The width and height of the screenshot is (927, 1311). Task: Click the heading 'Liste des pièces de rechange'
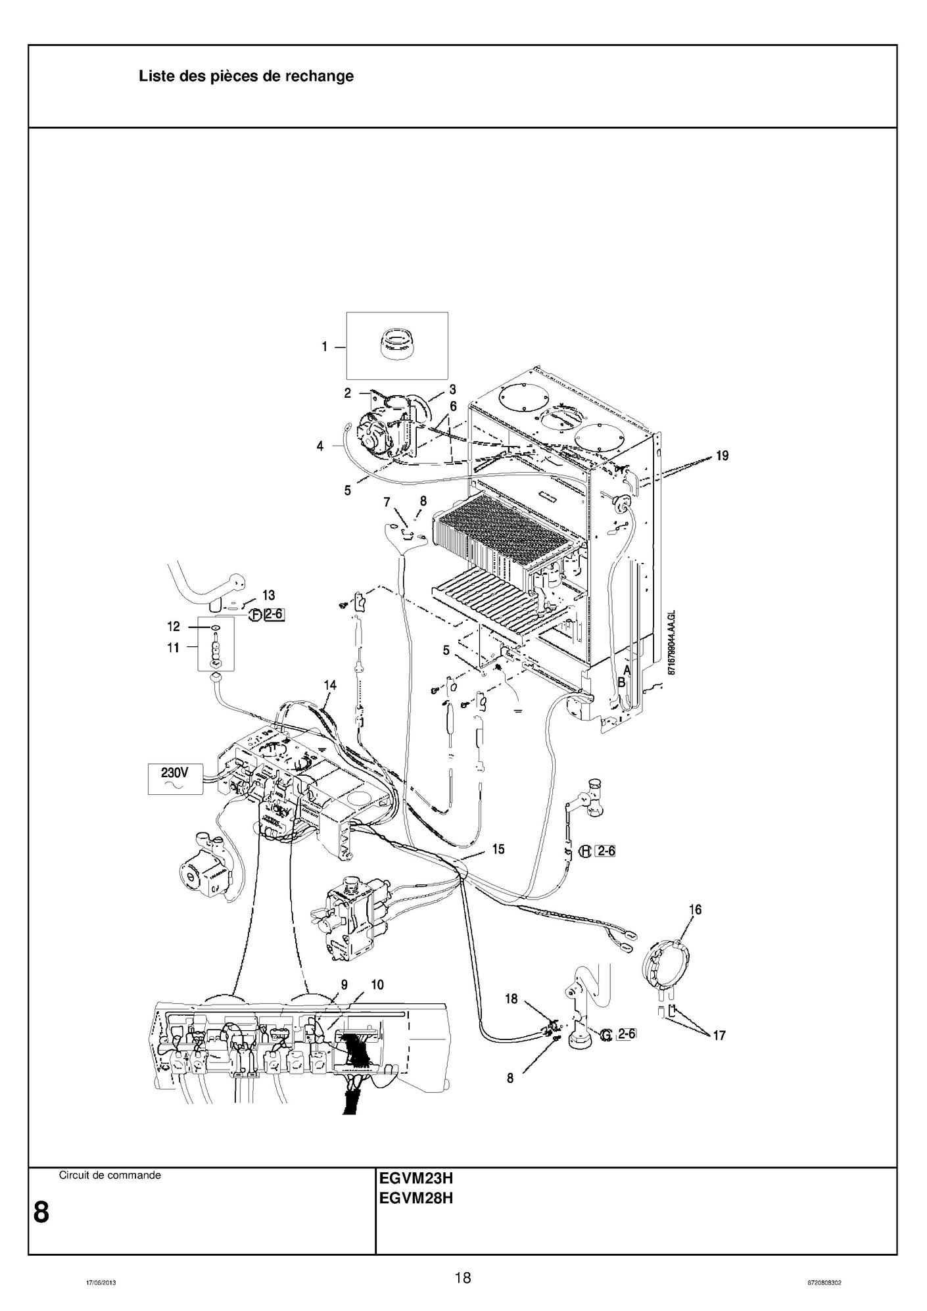pyautogui.click(x=246, y=76)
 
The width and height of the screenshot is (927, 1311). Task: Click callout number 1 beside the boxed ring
pyautogui.click(x=325, y=346)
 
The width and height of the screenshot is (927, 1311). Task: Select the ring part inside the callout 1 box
pyautogui.click(x=398, y=345)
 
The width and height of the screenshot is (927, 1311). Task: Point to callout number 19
pyautogui.click(x=722, y=456)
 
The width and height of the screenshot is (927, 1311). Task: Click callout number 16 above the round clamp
pyautogui.click(x=695, y=909)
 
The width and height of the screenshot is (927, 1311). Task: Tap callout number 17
pyautogui.click(x=719, y=1035)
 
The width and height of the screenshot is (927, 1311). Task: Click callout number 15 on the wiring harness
pyautogui.click(x=498, y=849)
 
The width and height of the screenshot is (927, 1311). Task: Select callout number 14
pyautogui.click(x=329, y=685)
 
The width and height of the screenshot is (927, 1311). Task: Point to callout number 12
pyautogui.click(x=173, y=627)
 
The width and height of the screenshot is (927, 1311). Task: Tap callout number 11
pyautogui.click(x=173, y=648)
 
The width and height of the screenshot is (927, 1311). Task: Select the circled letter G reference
pyautogui.click(x=606, y=1035)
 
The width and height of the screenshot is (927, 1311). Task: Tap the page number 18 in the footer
pyautogui.click(x=463, y=1277)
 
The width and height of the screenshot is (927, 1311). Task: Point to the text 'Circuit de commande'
pyautogui.click(x=110, y=1175)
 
